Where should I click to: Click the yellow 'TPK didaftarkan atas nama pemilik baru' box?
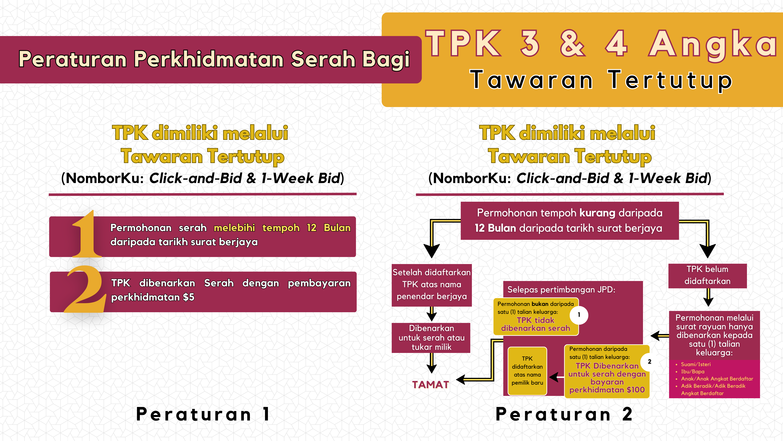coord(527,371)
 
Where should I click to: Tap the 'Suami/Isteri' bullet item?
coord(695,364)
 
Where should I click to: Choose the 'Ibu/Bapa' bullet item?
coord(692,371)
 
